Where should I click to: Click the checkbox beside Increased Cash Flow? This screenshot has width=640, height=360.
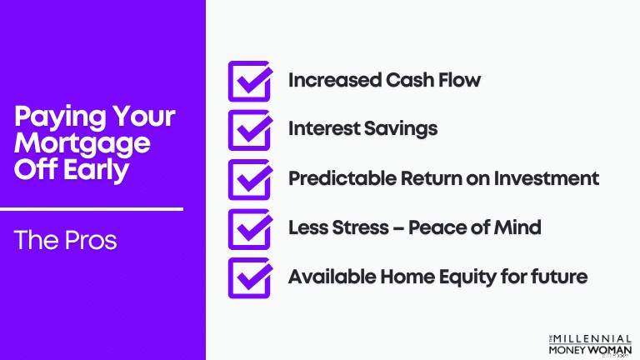point(250,81)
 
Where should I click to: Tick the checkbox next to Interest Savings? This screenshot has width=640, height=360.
point(250,130)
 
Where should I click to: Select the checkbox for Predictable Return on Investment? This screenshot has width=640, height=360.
point(250,180)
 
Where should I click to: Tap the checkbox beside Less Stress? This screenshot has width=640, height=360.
point(250,229)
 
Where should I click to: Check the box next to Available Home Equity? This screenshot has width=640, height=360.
point(250,278)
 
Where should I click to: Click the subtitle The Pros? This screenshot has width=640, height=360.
point(65,240)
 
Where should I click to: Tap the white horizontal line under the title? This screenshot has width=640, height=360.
point(92,209)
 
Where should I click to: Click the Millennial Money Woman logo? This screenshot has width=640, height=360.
point(590,345)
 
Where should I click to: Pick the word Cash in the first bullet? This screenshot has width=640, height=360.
point(409,80)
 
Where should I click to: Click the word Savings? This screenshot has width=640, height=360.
point(400,129)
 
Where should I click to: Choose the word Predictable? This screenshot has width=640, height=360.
point(342,178)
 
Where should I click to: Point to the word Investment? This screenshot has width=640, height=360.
point(547,178)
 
